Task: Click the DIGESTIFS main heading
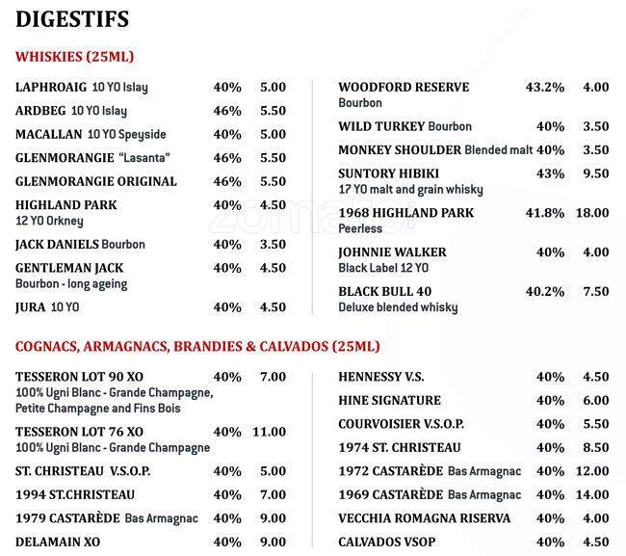73,18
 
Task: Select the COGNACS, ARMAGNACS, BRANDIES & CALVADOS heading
197,346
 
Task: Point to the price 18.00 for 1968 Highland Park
591,213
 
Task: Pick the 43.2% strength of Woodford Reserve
544,88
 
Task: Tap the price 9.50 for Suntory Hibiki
595,173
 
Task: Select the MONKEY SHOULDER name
400,150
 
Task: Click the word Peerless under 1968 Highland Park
360,229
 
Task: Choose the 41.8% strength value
544,213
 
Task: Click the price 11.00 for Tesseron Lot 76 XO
270,432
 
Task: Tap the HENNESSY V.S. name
381,377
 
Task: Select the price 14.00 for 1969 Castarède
591,494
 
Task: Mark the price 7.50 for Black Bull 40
595,291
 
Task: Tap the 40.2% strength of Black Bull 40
544,291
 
